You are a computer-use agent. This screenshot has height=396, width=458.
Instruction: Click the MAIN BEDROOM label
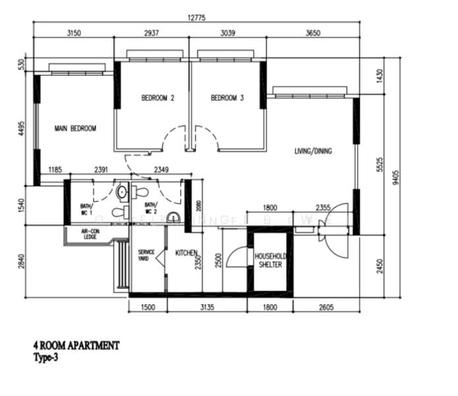coord(75,129)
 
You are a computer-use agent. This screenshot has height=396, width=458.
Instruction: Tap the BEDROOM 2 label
coord(158,98)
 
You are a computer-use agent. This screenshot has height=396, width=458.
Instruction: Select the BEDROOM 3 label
coord(227,98)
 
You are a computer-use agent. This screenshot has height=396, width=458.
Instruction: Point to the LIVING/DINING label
coord(313,151)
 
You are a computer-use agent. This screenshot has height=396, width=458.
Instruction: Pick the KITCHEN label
coord(187,253)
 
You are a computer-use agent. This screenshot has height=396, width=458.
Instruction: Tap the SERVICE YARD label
coord(146,255)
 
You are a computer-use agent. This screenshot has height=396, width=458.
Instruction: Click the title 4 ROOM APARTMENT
coord(77,345)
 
